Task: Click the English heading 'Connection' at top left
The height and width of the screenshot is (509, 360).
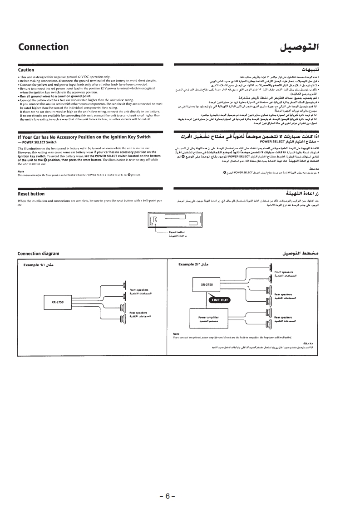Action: point(43,47)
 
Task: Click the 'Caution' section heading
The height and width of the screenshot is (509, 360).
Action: point(26,70)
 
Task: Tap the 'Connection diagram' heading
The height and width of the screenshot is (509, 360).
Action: point(38,253)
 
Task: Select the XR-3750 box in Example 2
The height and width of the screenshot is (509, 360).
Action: point(210,285)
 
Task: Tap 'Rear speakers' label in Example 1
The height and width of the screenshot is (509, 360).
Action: point(139,314)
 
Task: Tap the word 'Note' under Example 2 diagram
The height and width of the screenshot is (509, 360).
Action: point(176,334)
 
